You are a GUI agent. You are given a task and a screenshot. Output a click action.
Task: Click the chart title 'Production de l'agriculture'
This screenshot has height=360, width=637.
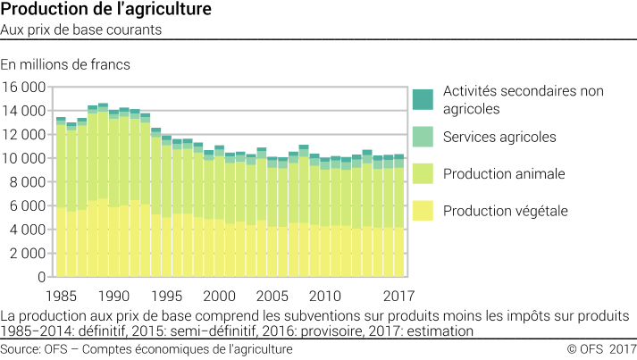[106, 11]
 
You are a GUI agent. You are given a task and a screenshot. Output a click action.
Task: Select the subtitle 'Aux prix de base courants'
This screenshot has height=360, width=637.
[81, 30]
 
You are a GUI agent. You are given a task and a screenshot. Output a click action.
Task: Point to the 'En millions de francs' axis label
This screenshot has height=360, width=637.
[65, 64]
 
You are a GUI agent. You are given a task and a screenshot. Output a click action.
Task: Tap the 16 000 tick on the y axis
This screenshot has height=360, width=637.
[24, 88]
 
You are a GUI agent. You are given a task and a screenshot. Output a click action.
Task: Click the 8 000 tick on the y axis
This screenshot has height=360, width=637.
[27, 182]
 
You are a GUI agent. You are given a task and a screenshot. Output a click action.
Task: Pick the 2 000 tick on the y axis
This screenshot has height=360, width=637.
[27, 253]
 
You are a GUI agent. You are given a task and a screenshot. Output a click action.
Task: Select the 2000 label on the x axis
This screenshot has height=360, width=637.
[218, 296]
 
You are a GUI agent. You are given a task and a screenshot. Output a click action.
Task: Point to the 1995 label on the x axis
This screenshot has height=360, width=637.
[165, 296]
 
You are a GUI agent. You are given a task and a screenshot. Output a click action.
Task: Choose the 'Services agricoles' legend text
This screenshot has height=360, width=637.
[499, 137]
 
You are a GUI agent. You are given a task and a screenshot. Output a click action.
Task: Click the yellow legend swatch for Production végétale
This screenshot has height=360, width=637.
[423, 210]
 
